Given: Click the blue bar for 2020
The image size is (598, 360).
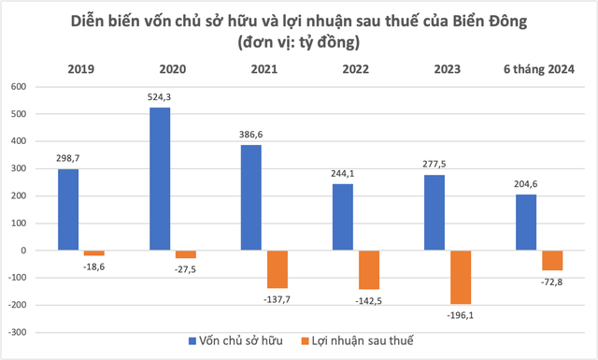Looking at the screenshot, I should (160, 179).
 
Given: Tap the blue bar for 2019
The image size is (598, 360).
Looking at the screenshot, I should (68, 209).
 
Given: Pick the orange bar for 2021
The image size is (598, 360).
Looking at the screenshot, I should (278, 269).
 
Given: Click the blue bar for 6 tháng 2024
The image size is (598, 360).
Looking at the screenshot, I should (527, 223).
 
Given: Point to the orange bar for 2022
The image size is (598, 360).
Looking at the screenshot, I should (370, 270).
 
